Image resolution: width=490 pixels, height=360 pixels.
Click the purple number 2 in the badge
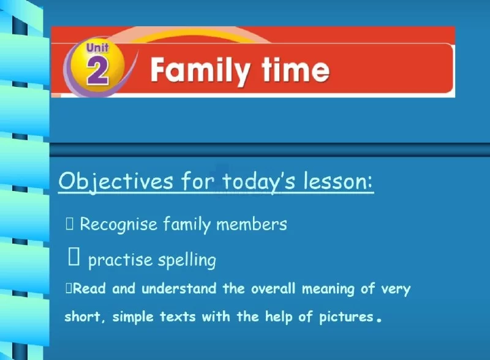(x=98, y=72)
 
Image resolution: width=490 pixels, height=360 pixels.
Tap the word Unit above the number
(x=97, y=48)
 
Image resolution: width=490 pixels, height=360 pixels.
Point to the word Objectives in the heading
(x=116, y=182)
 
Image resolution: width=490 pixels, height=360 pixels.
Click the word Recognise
(x=118, y=224)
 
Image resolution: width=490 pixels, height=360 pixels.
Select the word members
(x=252, y=224)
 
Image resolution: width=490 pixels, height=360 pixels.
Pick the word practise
(x=120, y=260)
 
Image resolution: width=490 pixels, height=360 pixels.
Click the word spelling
(x=187, y=260)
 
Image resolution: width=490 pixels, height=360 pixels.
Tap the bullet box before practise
(x=73, y=256)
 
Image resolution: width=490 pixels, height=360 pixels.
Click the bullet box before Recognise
(x=69, y=223)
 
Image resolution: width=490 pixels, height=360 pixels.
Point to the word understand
(x=179, y=288)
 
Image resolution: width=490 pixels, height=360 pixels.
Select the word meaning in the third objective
(x=328, y=289)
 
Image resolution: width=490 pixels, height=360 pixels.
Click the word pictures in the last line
(x=346, y=317)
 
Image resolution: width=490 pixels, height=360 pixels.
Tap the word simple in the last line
(x=133, y=317)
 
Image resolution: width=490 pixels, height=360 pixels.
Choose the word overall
(x=273, y=288)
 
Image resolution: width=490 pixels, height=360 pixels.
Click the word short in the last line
(x=82, y=317)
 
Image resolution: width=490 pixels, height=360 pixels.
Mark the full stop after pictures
(x=379, y=320)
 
